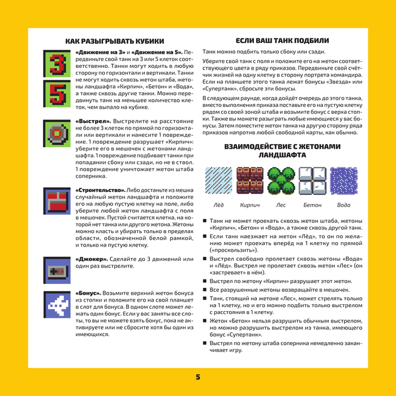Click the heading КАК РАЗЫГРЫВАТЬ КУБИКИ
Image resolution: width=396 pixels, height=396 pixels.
pyautogui.click(x=115, y=41)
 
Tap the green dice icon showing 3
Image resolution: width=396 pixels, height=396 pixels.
pyautogui.click(x=55, y=63)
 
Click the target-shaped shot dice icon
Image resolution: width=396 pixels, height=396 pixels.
pyautogui.click(x=55, y=133)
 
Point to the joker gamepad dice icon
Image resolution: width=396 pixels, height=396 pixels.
pyautogui.click(x=55, y=270)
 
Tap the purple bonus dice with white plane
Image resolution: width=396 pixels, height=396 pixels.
pyautogui.click(x=55, y=304)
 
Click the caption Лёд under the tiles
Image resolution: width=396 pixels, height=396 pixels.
pyautogui.click(x=218, y=205)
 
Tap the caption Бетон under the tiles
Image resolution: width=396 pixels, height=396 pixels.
pyautogui.click(x=312, y=205)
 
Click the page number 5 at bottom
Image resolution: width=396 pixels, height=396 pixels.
pyautogui.click(x=198, y=377)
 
